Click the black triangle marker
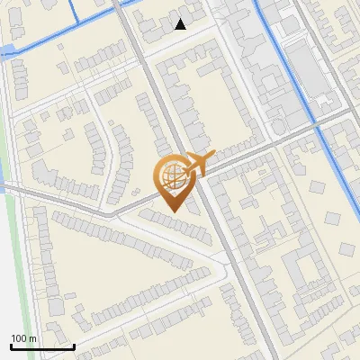[x=181, y=24]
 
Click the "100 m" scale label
[x=23, y=338]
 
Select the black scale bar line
[x=42, y=346]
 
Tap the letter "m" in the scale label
[x=32, y=338]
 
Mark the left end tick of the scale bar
[x=11, y=346]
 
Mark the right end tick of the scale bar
[x=74, y=346]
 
